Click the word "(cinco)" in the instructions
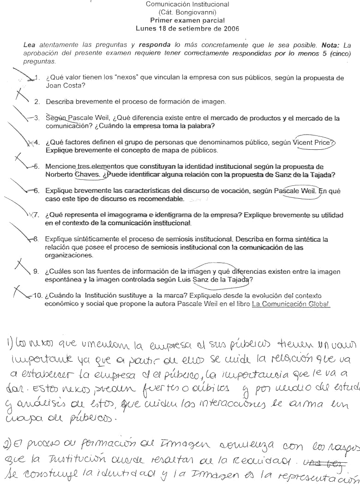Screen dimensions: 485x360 pyautogui.click(x=338, y=54)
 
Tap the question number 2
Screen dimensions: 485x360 pyautogui.click(x=36, y=101)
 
